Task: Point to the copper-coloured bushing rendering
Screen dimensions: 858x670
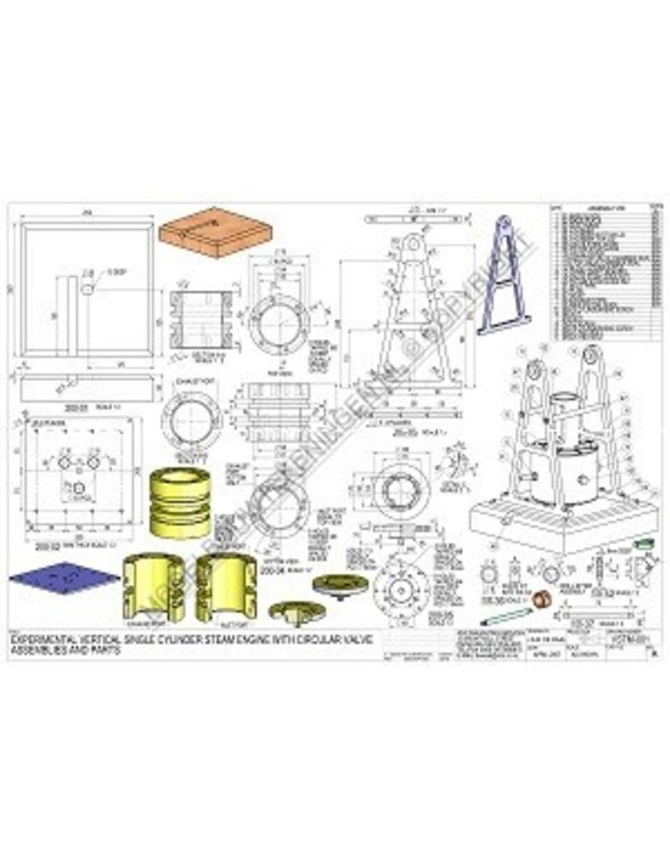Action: [x=544, y=598]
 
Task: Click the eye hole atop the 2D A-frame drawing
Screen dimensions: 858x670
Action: [x=411, y=244]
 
